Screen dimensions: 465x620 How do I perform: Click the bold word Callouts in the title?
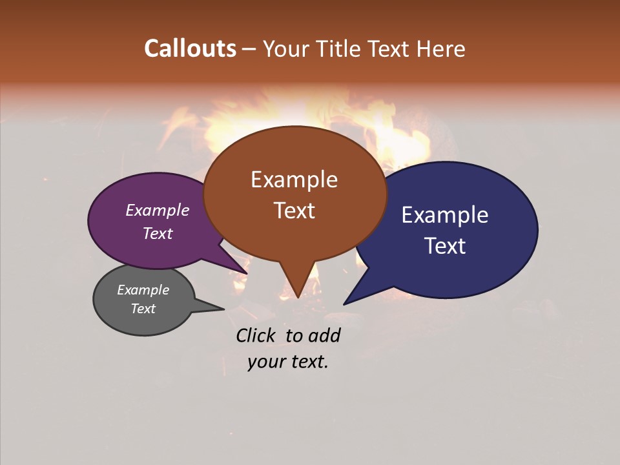point(190,48)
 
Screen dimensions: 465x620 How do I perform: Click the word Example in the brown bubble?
point(294,180)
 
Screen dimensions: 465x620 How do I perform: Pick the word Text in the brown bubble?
point(294,211)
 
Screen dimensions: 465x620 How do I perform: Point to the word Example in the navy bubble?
point(445,215)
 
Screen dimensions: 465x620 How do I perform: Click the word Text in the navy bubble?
point(445,246)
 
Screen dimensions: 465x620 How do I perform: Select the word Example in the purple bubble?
point(158,210)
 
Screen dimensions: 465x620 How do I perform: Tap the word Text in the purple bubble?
point(158,233)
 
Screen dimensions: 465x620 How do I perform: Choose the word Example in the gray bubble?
point(143,290)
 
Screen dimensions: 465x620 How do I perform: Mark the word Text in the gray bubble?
point(143,309)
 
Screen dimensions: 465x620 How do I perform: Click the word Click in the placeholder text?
point(257,335)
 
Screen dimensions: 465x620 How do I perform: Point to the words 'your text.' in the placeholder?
point(288,362)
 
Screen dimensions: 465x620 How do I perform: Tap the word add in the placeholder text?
point(324,335)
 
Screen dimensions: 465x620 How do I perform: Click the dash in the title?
point(249,48)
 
